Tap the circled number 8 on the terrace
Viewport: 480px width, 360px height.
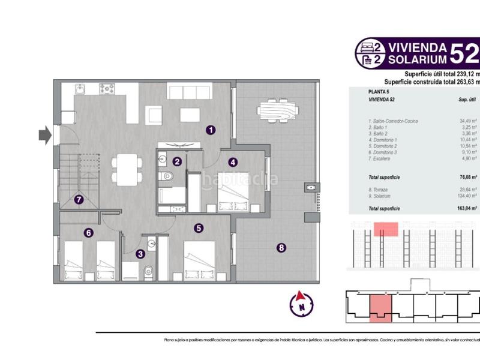coord(281,247)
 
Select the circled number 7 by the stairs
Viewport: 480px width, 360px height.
coord(79,200)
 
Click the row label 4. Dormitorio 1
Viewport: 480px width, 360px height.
coord(384,140)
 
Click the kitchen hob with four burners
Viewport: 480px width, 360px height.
coord(107,88)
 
